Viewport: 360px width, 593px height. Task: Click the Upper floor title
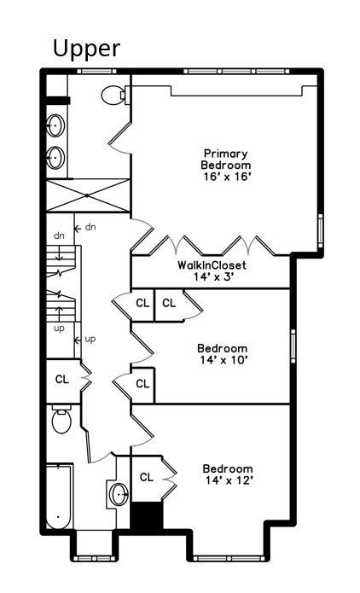86,49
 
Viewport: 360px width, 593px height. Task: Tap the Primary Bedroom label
226,159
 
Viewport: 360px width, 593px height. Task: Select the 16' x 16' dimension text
226,177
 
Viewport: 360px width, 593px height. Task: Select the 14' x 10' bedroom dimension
222,360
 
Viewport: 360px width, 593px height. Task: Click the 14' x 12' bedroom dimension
227,481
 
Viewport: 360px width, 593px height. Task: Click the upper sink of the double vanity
55,126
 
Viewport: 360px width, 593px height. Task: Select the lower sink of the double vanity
55,156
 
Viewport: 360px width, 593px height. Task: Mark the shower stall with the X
87,194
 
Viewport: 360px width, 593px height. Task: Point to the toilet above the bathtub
60,421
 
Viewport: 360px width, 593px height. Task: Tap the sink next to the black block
119,493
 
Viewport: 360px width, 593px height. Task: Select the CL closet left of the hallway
62,379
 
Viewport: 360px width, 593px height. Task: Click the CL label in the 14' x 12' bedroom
146,477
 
